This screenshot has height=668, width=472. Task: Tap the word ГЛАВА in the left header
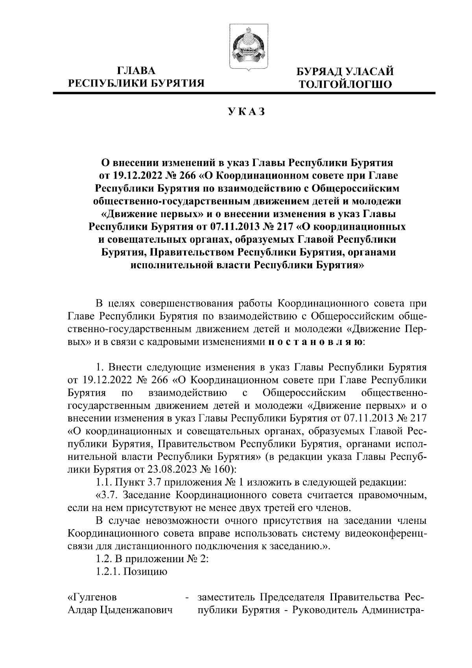point(136,71)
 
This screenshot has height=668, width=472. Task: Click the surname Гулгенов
point(93,597)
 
